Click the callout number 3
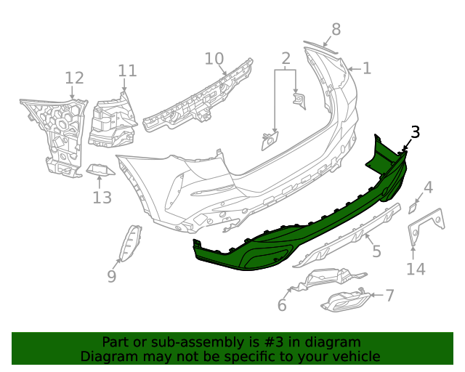tap(415, 132)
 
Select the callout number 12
tap(74, 78)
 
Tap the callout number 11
tap(127, 70)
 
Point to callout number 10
tap(214, 58)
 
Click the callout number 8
tap(335, 29)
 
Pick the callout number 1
tap(367, 68)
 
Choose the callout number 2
tap(286, 57)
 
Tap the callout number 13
tap(102, 197)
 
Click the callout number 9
tap(111, 276)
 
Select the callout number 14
tap(415, 270)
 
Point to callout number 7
tap(389, 295)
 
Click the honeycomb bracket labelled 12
tap(58, 131)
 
